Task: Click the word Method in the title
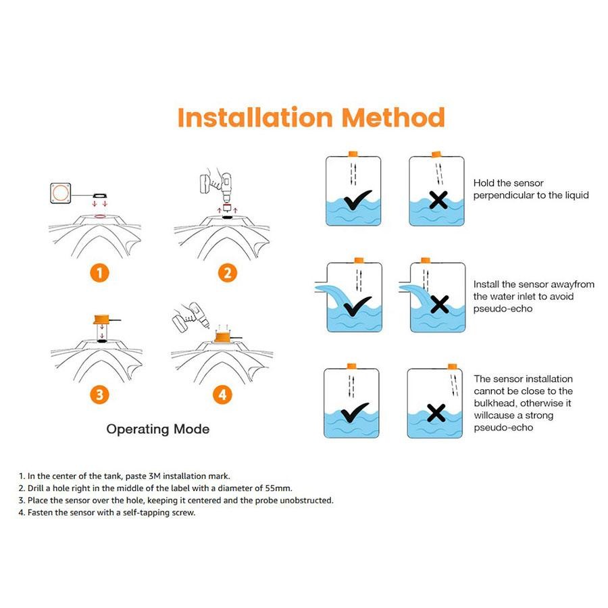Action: tap(393, 117)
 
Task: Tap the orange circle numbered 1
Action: tap(99, 272)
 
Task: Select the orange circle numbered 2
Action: tap(227, 272)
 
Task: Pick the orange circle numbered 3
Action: tap(99, 395)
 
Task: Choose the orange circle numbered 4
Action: tap(222, 395)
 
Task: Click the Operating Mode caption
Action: tap(157, 429)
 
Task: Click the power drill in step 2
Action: tap(217, 184)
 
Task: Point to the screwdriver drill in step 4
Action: tap(188, 315)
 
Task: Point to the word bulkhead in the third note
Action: tap(497, 403)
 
